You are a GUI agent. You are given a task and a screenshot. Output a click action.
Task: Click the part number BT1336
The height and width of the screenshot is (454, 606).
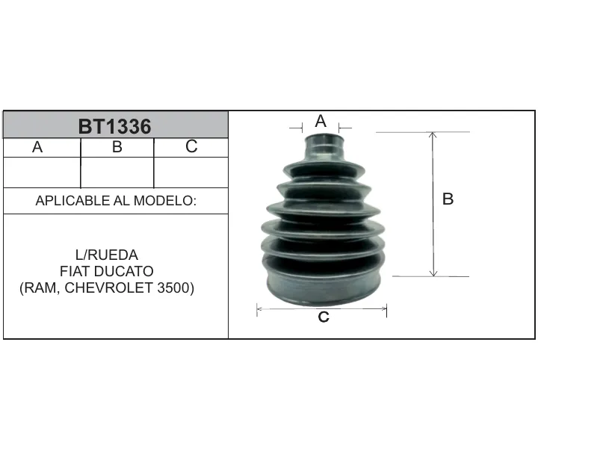[114, 126]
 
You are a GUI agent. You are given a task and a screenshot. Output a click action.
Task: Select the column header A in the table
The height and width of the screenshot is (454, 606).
[37, 147]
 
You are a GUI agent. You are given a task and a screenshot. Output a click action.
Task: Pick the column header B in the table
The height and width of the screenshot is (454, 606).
[117, 147]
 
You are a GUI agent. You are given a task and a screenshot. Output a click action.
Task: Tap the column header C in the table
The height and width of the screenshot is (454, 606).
[191, 146]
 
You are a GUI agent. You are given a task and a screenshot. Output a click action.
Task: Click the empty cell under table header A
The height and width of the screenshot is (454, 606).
[42, 172]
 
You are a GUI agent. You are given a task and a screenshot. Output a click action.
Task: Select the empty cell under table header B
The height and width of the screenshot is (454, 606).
[117, 172]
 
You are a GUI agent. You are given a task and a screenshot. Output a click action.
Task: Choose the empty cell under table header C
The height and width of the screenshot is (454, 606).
[191, 172]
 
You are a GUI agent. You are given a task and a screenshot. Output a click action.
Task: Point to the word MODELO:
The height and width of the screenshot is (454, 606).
[165, 201]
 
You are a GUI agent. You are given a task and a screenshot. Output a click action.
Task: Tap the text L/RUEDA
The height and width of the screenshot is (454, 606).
[107, 255]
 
